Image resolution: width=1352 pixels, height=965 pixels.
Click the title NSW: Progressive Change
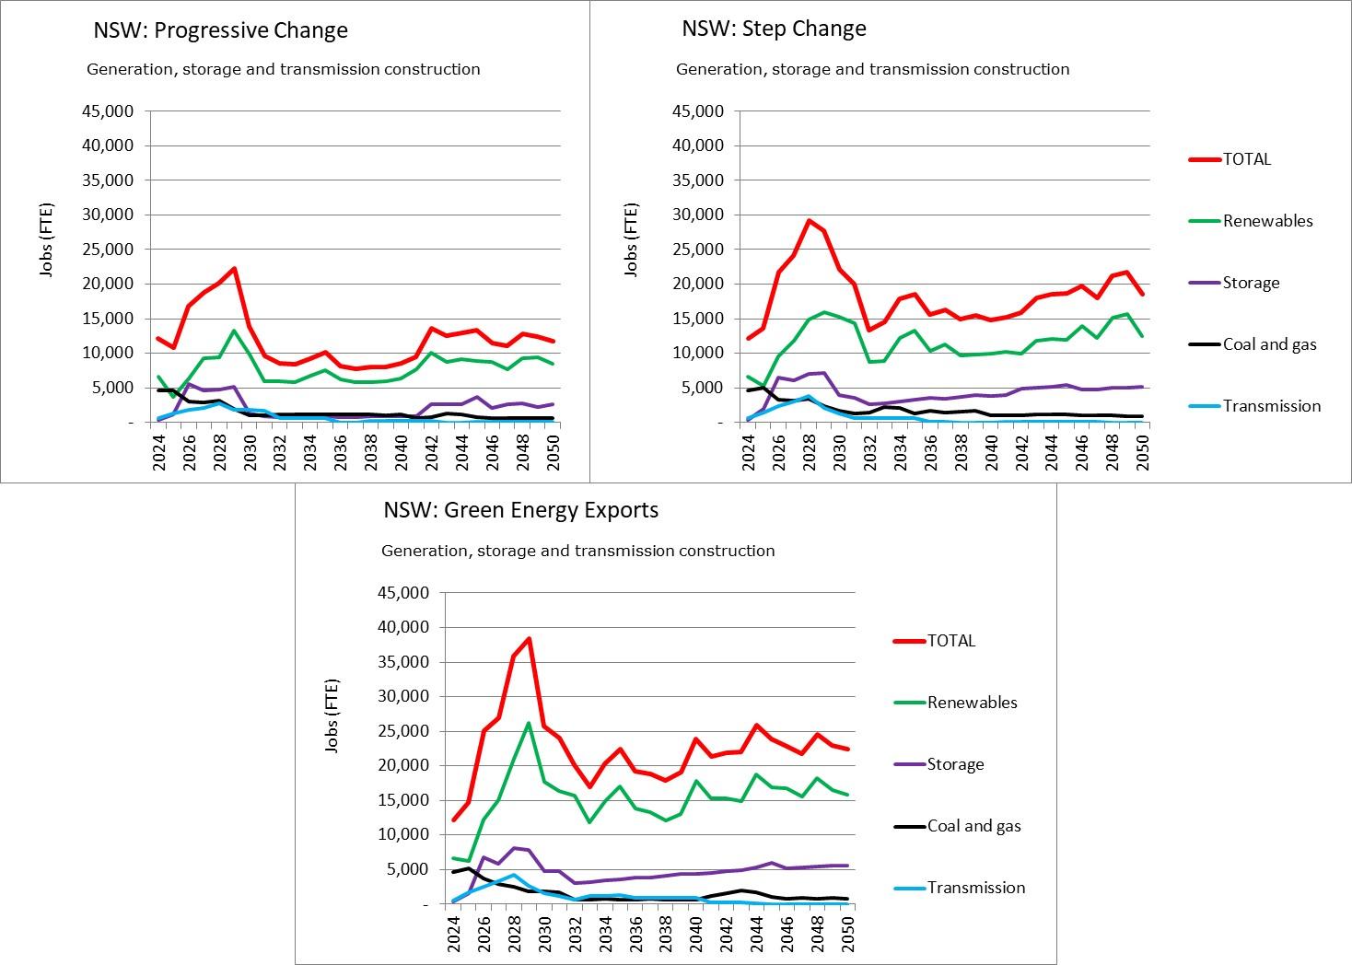pos(220,30)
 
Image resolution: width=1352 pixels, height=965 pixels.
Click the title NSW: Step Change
pos(774,29)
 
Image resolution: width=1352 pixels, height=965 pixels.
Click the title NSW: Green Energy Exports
pos(521,510)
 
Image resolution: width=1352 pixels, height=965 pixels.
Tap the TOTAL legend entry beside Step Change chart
pos(1246,159)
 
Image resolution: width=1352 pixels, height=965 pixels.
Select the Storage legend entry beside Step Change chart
pos(1251,283)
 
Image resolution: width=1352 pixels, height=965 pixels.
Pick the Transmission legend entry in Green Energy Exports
pos(975,888)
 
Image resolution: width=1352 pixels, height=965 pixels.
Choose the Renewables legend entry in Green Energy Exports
pos(972,703)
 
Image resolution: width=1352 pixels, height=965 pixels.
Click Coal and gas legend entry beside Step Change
pos(1269,344)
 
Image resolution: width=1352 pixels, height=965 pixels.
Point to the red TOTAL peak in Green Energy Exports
pos(529,638)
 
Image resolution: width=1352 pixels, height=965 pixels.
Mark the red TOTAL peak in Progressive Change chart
pos(234,269)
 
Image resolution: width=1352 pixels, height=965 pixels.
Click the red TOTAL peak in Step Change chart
pos(809,220)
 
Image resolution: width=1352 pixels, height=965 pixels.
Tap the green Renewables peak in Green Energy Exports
pos(529,723)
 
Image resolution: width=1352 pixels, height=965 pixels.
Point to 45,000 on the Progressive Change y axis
pos(110,111)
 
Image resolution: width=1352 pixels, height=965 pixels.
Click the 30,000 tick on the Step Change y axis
pos(699,215)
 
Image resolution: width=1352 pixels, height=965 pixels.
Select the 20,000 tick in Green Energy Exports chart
pos(403,765)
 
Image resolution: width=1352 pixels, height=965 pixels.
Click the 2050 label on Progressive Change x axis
pos(554,452)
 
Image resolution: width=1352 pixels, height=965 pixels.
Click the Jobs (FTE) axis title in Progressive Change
pos(45,238)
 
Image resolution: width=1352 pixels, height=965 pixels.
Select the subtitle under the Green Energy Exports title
pos(577,551)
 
